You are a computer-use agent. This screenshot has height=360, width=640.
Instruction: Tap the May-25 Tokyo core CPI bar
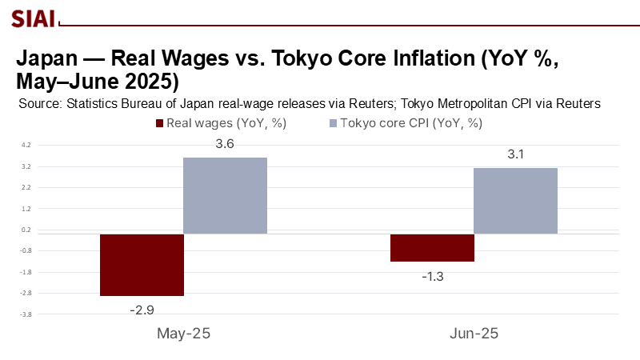pyautogui.click(x=225, y=196)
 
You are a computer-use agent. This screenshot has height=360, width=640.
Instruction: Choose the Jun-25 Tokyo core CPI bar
pyautogui.click(x=515, y=201)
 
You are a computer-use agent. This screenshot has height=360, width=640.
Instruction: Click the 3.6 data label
pyautogui.click(x=225, y=145)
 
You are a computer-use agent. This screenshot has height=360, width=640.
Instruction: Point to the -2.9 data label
pyautogui.click(x=142, y=308)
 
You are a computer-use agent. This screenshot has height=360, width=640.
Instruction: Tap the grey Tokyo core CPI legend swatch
pyautogui.click(x=334, y=123)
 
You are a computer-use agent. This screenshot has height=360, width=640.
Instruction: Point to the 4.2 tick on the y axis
pyautogui.click(x=26, y=146)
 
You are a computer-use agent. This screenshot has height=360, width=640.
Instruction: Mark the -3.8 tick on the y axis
pyautogui.click(x=26, y=314)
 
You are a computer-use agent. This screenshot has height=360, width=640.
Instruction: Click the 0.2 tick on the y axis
pyautogui.click(x=26, y=230)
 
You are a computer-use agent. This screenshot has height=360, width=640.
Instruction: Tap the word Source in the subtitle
pyautogui.click(x=39, y=103)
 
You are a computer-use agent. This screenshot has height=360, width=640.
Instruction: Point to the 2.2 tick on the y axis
pyautogui.click(x=26, y=188)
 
